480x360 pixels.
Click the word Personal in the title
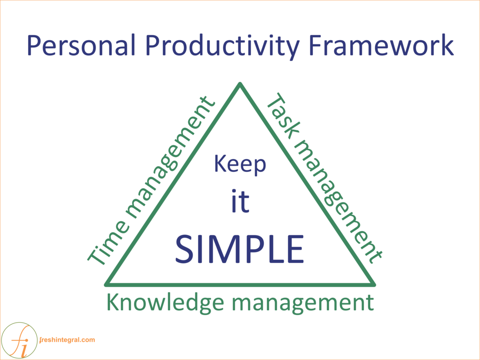(81, 45)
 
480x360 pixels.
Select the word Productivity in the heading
(222, 47)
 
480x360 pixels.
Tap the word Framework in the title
(381, 45)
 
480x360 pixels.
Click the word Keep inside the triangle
(240, 165)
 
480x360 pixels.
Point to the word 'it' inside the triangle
(240, 201)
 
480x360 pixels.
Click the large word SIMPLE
(240, 249)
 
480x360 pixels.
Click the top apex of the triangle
(240, 84)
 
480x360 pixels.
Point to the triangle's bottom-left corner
(106, 285)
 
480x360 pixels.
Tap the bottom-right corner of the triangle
(374, 285)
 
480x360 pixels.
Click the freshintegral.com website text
(67, 340)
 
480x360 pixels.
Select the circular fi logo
(19, 340)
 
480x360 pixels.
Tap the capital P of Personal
(34, 45)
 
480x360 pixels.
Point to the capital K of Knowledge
(113, 302)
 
